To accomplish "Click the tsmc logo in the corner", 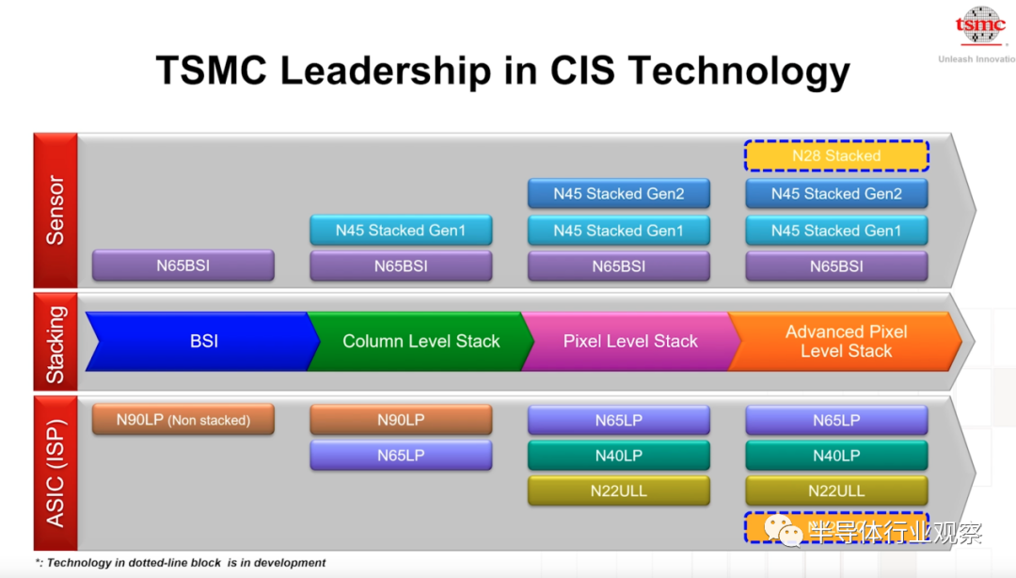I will click(980, 27).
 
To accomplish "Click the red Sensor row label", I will click(56, 210).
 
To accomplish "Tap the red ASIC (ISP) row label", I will click(56, 473).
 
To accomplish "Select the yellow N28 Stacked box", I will click(836, 156).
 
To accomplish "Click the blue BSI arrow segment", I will click(203, 341).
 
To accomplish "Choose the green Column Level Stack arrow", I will click(421, 341).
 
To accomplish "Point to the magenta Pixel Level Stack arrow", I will click(629, 341).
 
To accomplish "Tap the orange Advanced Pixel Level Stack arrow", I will click(846, 341).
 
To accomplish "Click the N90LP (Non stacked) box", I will click(183, 420).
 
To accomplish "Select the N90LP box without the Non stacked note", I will click(401, 420).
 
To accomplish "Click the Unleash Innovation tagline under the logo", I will click(976, 59).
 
